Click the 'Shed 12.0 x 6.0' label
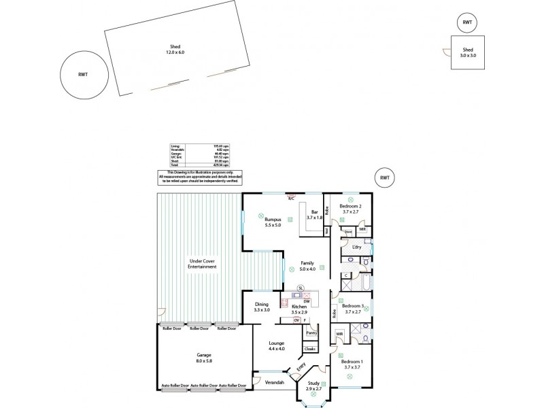pos(176,50)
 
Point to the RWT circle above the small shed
pos(467,22)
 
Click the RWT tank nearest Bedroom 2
pos(385,177)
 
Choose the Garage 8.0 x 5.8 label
pos(204,358)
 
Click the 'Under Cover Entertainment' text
pos(203,264)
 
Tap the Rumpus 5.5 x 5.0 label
pos(273,222)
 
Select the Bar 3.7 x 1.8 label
pos(314,215)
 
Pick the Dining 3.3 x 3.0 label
pos(262,307)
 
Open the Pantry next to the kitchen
pos(311,333)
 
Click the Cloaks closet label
pos(309,349)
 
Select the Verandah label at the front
pos(274,382)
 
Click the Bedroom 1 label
pos(352,364)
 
